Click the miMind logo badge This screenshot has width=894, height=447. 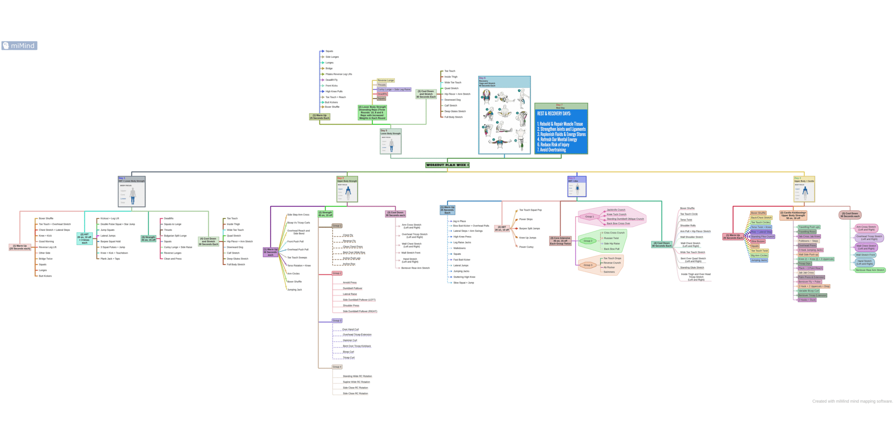coord(19,46)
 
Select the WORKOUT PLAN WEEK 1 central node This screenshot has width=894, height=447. coord(447,165)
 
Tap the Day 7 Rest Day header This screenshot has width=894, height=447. coord(560,106)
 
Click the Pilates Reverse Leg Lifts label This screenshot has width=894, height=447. coord(338,74)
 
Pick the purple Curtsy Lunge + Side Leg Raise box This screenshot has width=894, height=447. coord(394,89)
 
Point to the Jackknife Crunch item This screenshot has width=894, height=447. coord(616,210)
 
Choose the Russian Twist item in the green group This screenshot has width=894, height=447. coord(611,238)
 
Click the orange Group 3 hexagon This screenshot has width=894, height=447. coord(588,265)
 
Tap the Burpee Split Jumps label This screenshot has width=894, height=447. coord(530,229)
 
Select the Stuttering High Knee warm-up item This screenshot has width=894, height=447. coord(464,277)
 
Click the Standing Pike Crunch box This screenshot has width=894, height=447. coord(762,237)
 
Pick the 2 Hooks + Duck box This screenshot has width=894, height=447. coord(807,300)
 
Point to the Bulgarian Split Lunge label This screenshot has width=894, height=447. coord(175,236)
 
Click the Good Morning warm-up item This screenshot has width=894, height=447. coord(46,241)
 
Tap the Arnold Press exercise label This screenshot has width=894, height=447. coord(350,283)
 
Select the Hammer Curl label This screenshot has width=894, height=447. coord(350,340)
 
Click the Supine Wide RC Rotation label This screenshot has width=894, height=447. coord(356,382)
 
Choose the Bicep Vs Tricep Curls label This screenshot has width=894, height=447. coord(299,223)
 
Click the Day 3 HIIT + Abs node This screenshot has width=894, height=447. coord(577,186)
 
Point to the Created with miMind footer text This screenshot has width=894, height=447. coord(852,401)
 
